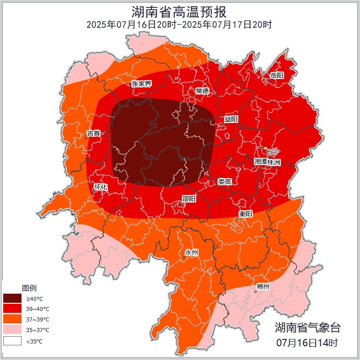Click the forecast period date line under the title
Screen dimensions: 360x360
tap(179, 25)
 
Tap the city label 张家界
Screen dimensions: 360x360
tap(141, 84)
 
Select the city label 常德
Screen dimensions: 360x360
tap(202, 91)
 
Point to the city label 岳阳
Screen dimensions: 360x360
tap(277, 75)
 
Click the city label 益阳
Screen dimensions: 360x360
tap(231, 119)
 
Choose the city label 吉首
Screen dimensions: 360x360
tap(94, 134)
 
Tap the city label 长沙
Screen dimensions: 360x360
tap(273, 152)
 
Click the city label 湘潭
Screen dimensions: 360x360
tap(261, 162)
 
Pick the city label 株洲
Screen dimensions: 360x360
tap(274, 162)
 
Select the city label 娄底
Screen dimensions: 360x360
tap(225, 182)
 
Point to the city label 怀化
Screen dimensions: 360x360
tap(101, 187)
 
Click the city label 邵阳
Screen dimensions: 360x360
tap(189, 199)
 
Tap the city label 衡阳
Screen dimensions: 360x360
tap(246, 214)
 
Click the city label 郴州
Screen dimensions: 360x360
tap(263, 287)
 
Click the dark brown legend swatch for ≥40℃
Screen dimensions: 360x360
tap(12, 298)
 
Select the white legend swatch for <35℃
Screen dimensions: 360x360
tap(12, 341)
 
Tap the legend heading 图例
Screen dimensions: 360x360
tap(29, 288)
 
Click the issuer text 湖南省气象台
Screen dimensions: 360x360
tap(307, 328)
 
